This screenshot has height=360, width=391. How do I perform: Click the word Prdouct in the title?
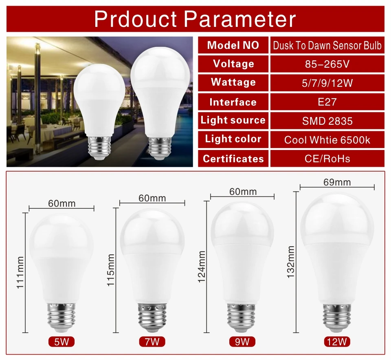(136, 19)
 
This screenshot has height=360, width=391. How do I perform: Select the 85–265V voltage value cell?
(327, 64)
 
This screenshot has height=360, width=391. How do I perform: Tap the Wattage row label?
(233, 82)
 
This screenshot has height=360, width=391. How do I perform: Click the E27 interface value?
(327, 102)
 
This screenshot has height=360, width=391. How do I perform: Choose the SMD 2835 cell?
(327, 121)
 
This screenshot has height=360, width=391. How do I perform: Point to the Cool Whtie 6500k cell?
(327, 140)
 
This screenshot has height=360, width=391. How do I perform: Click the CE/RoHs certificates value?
(327, 159)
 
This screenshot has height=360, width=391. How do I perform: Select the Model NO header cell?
(233, 45)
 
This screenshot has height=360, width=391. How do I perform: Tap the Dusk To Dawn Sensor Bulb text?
(327, 45)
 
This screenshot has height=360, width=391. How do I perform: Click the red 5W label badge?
(62, 342)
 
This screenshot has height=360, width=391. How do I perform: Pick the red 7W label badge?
(152, 342)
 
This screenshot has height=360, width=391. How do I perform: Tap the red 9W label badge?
(242, 342)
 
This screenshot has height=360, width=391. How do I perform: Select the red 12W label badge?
(337, 342)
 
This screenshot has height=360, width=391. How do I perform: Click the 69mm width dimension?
(337, 182)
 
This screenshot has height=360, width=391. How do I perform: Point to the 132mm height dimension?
(291, 262)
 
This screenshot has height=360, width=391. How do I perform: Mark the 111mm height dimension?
(20, 273)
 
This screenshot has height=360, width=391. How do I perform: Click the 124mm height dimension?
(202, 267)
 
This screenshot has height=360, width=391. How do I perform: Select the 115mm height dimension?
(111, 270)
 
